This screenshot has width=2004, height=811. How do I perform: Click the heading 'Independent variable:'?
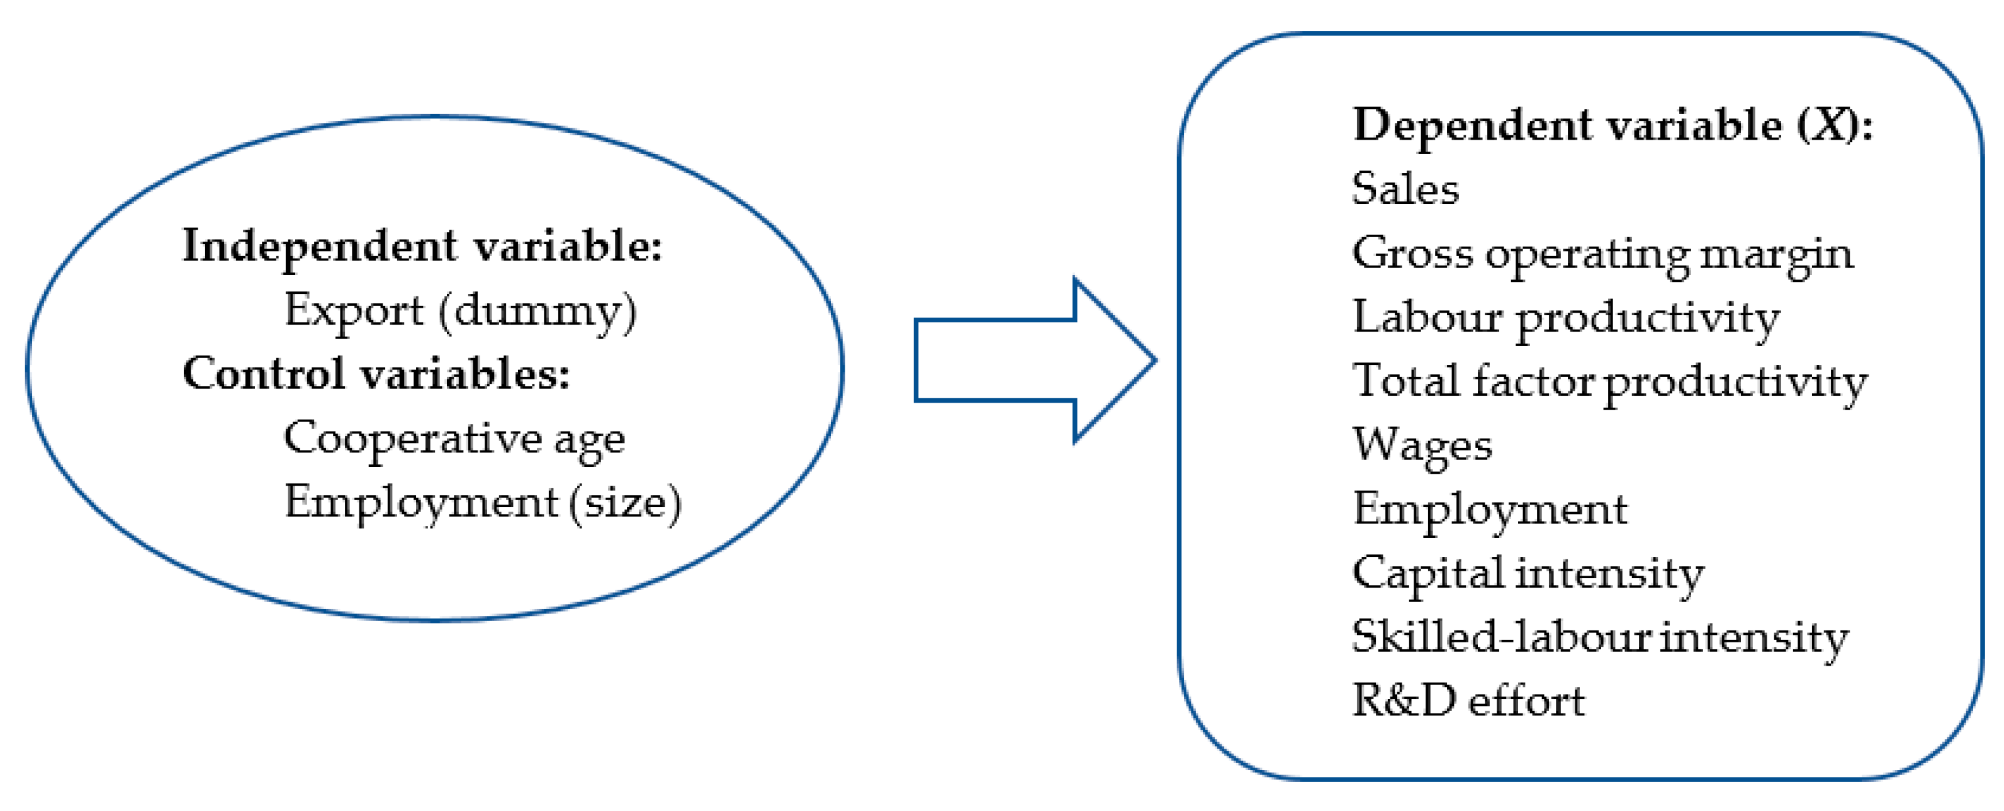(x=422, y=247)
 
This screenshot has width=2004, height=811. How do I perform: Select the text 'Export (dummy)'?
(x=459, y=311)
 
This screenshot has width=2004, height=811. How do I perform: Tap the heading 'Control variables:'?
(x=376, y=374)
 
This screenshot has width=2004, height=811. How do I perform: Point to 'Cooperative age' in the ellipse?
(x=454, y=439)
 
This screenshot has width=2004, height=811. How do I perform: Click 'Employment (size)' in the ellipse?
(x=482, y=502)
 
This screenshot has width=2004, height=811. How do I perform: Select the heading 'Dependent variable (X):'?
(x=1612, y=125)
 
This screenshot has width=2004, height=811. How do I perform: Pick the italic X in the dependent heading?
(x=1830, y=125)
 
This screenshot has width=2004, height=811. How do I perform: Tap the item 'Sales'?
(x=1405, y=189)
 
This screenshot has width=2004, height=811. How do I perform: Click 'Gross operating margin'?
(x=1602, y=254)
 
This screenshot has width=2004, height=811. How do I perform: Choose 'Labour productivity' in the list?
(x=1565, y=318)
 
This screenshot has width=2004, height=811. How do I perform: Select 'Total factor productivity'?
(x=1609, y=382)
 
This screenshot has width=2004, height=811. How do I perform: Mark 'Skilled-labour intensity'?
(x=1599, y=637)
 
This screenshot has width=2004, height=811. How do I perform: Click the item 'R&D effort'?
(x=1468, y=701)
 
